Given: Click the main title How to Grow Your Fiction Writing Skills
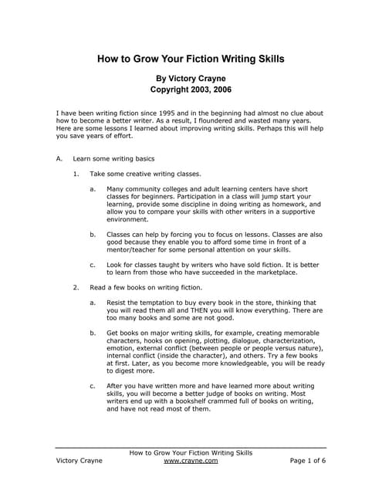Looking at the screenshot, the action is pos(191,59).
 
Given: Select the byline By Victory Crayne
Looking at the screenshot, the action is pos(191,78).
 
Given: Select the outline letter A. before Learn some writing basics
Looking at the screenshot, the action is pos(59,158).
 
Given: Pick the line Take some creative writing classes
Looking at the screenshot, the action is pos(145,174).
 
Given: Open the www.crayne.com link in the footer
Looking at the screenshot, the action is pos(191,460).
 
